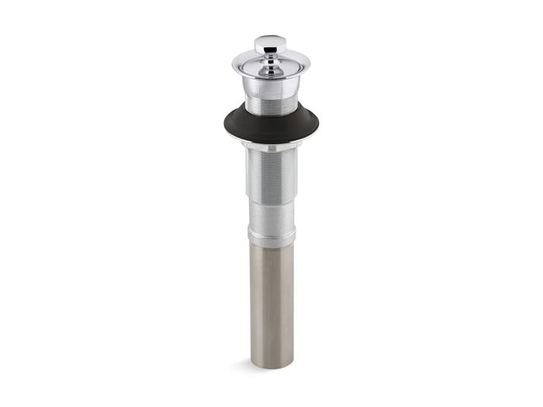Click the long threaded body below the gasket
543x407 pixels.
[270, 174]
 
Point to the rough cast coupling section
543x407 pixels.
[271, 213]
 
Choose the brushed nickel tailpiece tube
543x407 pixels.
[271, 302]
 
